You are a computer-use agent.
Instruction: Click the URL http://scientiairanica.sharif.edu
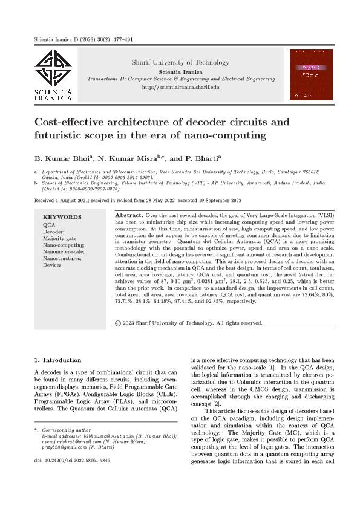click(x=180, y=87)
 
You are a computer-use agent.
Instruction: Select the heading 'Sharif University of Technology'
click(x=180, y=62)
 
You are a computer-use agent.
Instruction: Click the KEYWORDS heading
click(x=62, y=216)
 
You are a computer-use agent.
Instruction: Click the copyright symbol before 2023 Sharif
click(x=117, y=323)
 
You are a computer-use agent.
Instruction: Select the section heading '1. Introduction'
click(x=57, y=360)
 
